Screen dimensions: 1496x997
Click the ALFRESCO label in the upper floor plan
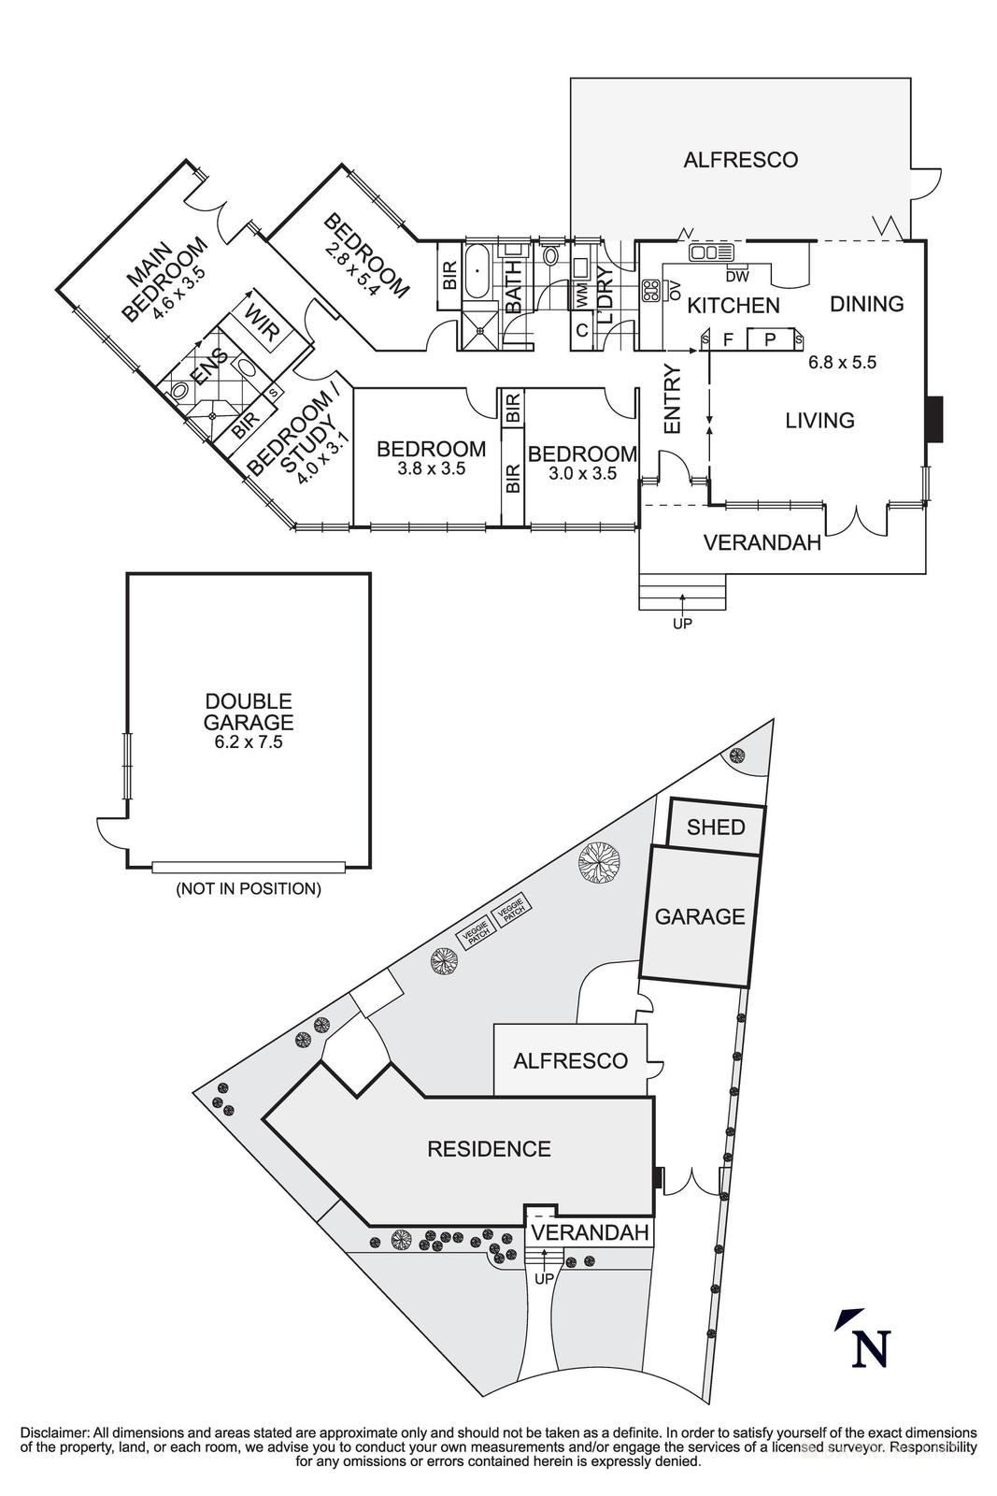click(740, 160)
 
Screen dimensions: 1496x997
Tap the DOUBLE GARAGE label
click(249, 712)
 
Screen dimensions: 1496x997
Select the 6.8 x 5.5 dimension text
click(842, 363)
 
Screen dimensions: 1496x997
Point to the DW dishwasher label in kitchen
click(736, 276)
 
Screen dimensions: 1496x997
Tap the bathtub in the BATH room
click(478, 270)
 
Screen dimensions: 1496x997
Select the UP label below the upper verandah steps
click(682, 623)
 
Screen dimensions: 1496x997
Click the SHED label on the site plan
click(716, 827)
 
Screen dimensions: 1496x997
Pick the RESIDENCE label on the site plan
click(489, 1149)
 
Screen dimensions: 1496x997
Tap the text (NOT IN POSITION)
click(249, 889)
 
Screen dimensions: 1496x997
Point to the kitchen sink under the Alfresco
click(713, 252)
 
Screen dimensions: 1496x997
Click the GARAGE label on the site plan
click(699, 916)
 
